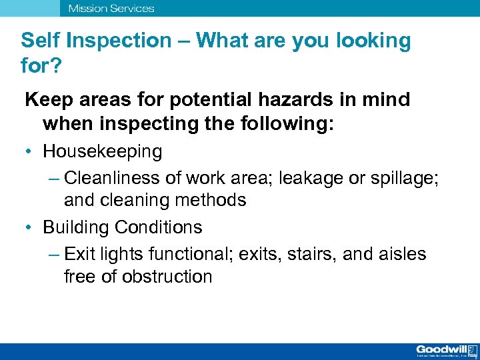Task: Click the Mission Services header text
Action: pos(111,9)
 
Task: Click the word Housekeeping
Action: pos(102,151)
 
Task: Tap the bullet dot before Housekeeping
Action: pos(31,151)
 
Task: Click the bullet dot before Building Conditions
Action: pos(31,227)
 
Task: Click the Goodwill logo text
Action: pos(441,349)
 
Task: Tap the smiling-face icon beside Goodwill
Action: pos(472,349)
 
